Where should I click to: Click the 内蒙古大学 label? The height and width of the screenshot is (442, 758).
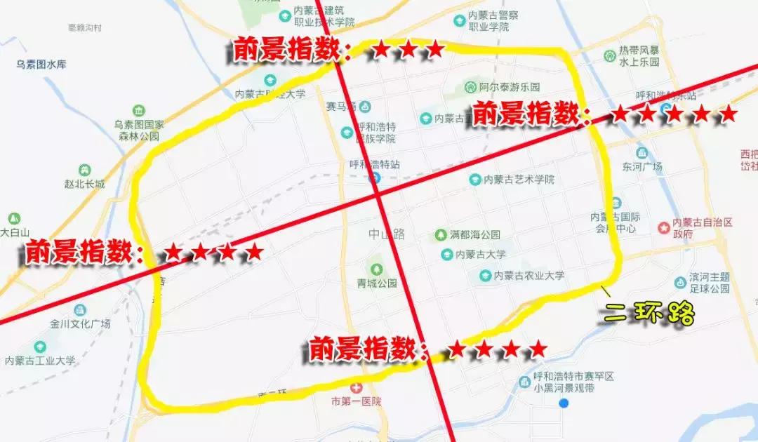[481, 254]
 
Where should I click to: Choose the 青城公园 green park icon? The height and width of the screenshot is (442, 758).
[376, 269]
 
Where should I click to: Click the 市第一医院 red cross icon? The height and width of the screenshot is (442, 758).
[357, 388]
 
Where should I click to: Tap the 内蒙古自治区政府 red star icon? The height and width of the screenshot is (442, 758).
[664, 227]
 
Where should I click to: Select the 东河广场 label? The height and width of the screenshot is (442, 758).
[641, 167]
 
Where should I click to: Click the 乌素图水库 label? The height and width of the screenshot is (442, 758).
[41, 65]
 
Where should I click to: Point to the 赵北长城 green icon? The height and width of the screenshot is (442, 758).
[84, 170]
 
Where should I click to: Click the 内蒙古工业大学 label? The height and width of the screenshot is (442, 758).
[40, 361]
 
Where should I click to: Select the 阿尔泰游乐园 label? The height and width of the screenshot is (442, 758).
[510, 88]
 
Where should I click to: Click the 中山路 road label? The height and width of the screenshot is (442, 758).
[387, 234]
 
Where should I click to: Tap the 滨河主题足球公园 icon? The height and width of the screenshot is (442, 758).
[679, 282]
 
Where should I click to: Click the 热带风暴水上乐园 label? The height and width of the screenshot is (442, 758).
[639, 56]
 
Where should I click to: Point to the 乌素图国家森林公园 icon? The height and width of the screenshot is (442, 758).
[138, 111]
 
